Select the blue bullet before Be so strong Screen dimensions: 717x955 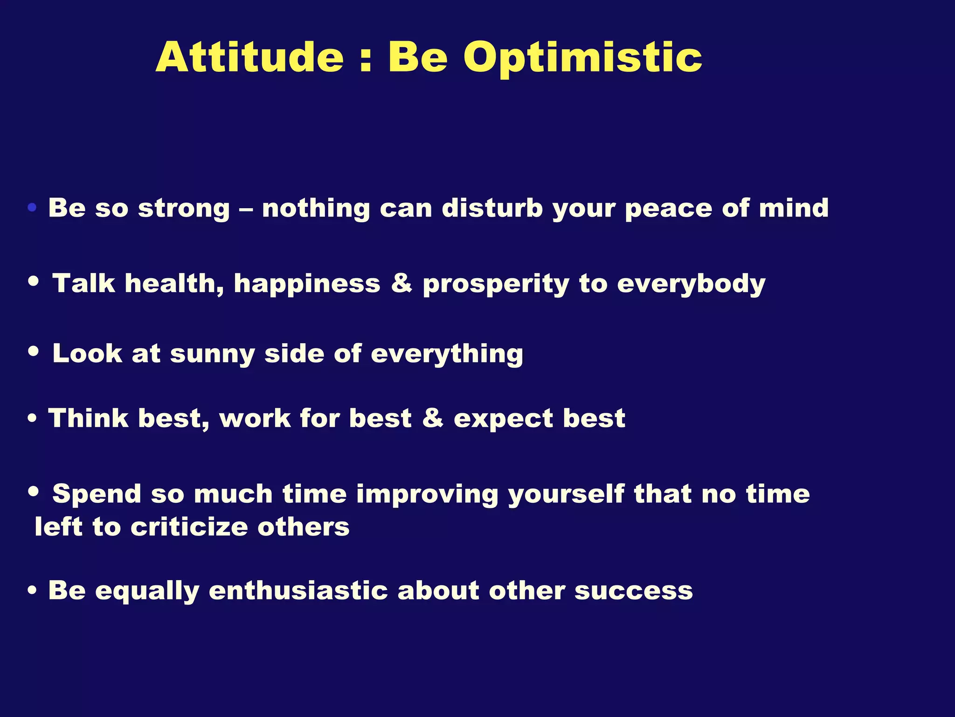click(x=32, y=208)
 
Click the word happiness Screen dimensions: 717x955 click(x=307, y=284)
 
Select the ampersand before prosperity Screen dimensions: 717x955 click(x=401, y=283)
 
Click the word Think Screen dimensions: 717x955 click(x=88, y=418)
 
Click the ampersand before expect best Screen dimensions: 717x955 click(x=432, y=418)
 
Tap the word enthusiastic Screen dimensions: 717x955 click(x=298, y=591)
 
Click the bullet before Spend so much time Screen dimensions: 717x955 click(x=33, y=491)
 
